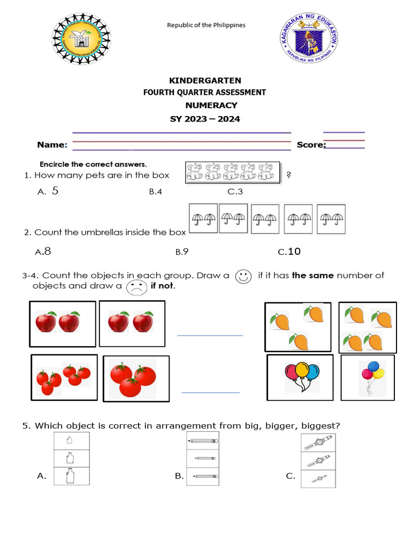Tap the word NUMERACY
[211, 105]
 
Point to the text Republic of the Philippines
[206, 25]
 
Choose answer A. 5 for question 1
[48, 191]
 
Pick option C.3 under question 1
[235, 192]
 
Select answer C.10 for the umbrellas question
[290, 252]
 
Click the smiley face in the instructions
[243, 276]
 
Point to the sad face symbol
[136, 288]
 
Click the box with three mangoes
[298, 326]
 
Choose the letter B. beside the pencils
[179, 475]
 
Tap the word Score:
[311, 144]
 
